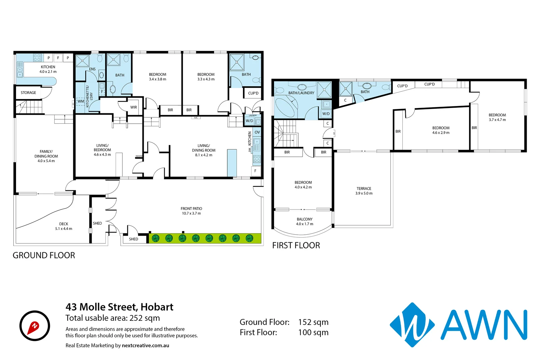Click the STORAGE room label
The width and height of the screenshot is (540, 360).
[28, 93]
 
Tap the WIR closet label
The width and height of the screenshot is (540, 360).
[134, 107]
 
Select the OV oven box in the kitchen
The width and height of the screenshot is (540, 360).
[257, 132]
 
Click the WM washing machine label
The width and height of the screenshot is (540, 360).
[81, 101]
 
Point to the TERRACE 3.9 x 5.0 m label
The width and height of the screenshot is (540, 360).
[364, 191]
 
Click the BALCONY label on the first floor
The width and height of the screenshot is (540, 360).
[305, 219]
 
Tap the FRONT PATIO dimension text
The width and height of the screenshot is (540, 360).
[191, 213]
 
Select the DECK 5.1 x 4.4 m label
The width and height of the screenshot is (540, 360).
[64, 226]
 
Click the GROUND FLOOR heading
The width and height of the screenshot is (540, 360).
[44, 255]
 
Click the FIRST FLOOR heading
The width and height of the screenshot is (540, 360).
[296, 246]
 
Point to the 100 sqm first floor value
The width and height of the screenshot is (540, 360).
[313, 333]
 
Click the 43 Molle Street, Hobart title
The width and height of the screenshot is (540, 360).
[119, 307]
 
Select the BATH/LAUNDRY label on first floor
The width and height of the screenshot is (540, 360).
[301, 93]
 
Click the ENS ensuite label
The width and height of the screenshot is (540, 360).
[92, 69]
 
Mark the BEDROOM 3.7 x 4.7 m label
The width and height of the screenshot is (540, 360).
[497, 117]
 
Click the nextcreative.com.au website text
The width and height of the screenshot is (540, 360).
[145, 346]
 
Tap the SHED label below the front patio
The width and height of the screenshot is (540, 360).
[133, 239]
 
